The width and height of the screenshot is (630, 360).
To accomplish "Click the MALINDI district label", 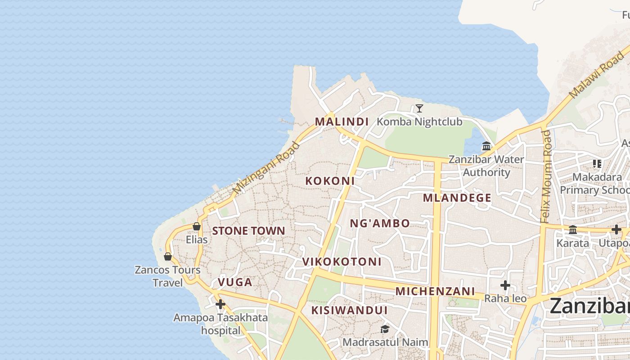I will click(x=342, y=121).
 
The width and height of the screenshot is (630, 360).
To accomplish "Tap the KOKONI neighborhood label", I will click(x=330, y=181).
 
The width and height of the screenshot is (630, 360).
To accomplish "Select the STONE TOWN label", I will click(x=248, y=231).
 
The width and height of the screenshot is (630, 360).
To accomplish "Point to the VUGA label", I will click(x=235, y=282).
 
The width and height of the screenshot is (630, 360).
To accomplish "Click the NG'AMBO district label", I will click(x=380, y=223).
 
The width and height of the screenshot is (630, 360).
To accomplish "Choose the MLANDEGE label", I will click(x=457, y=198).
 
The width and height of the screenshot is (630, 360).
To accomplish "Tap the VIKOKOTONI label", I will click(x=342, y=261).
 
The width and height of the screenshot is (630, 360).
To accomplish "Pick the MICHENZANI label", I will click(x=435, y=291).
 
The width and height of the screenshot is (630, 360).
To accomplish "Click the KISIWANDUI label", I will click(x=349, y=310).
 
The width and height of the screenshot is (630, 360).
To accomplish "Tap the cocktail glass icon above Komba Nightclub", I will click(x=419, y=108).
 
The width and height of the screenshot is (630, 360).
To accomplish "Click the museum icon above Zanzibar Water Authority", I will click(x=486, y=146).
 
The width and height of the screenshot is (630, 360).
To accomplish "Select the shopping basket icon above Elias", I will click(x=197, y=226).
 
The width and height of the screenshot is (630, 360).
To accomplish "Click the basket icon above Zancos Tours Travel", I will click(x=168, y=256).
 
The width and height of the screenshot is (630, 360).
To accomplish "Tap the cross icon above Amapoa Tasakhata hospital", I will click(x=220, y=305).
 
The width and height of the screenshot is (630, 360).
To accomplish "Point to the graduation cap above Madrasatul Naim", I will click(x=385, y=329).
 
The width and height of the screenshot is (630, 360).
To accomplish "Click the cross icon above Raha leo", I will click(x=505, y=285).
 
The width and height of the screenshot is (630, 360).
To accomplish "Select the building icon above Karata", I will click(x=573, y=230).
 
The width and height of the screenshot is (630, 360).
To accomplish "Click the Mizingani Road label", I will click(x=266, y=168).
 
